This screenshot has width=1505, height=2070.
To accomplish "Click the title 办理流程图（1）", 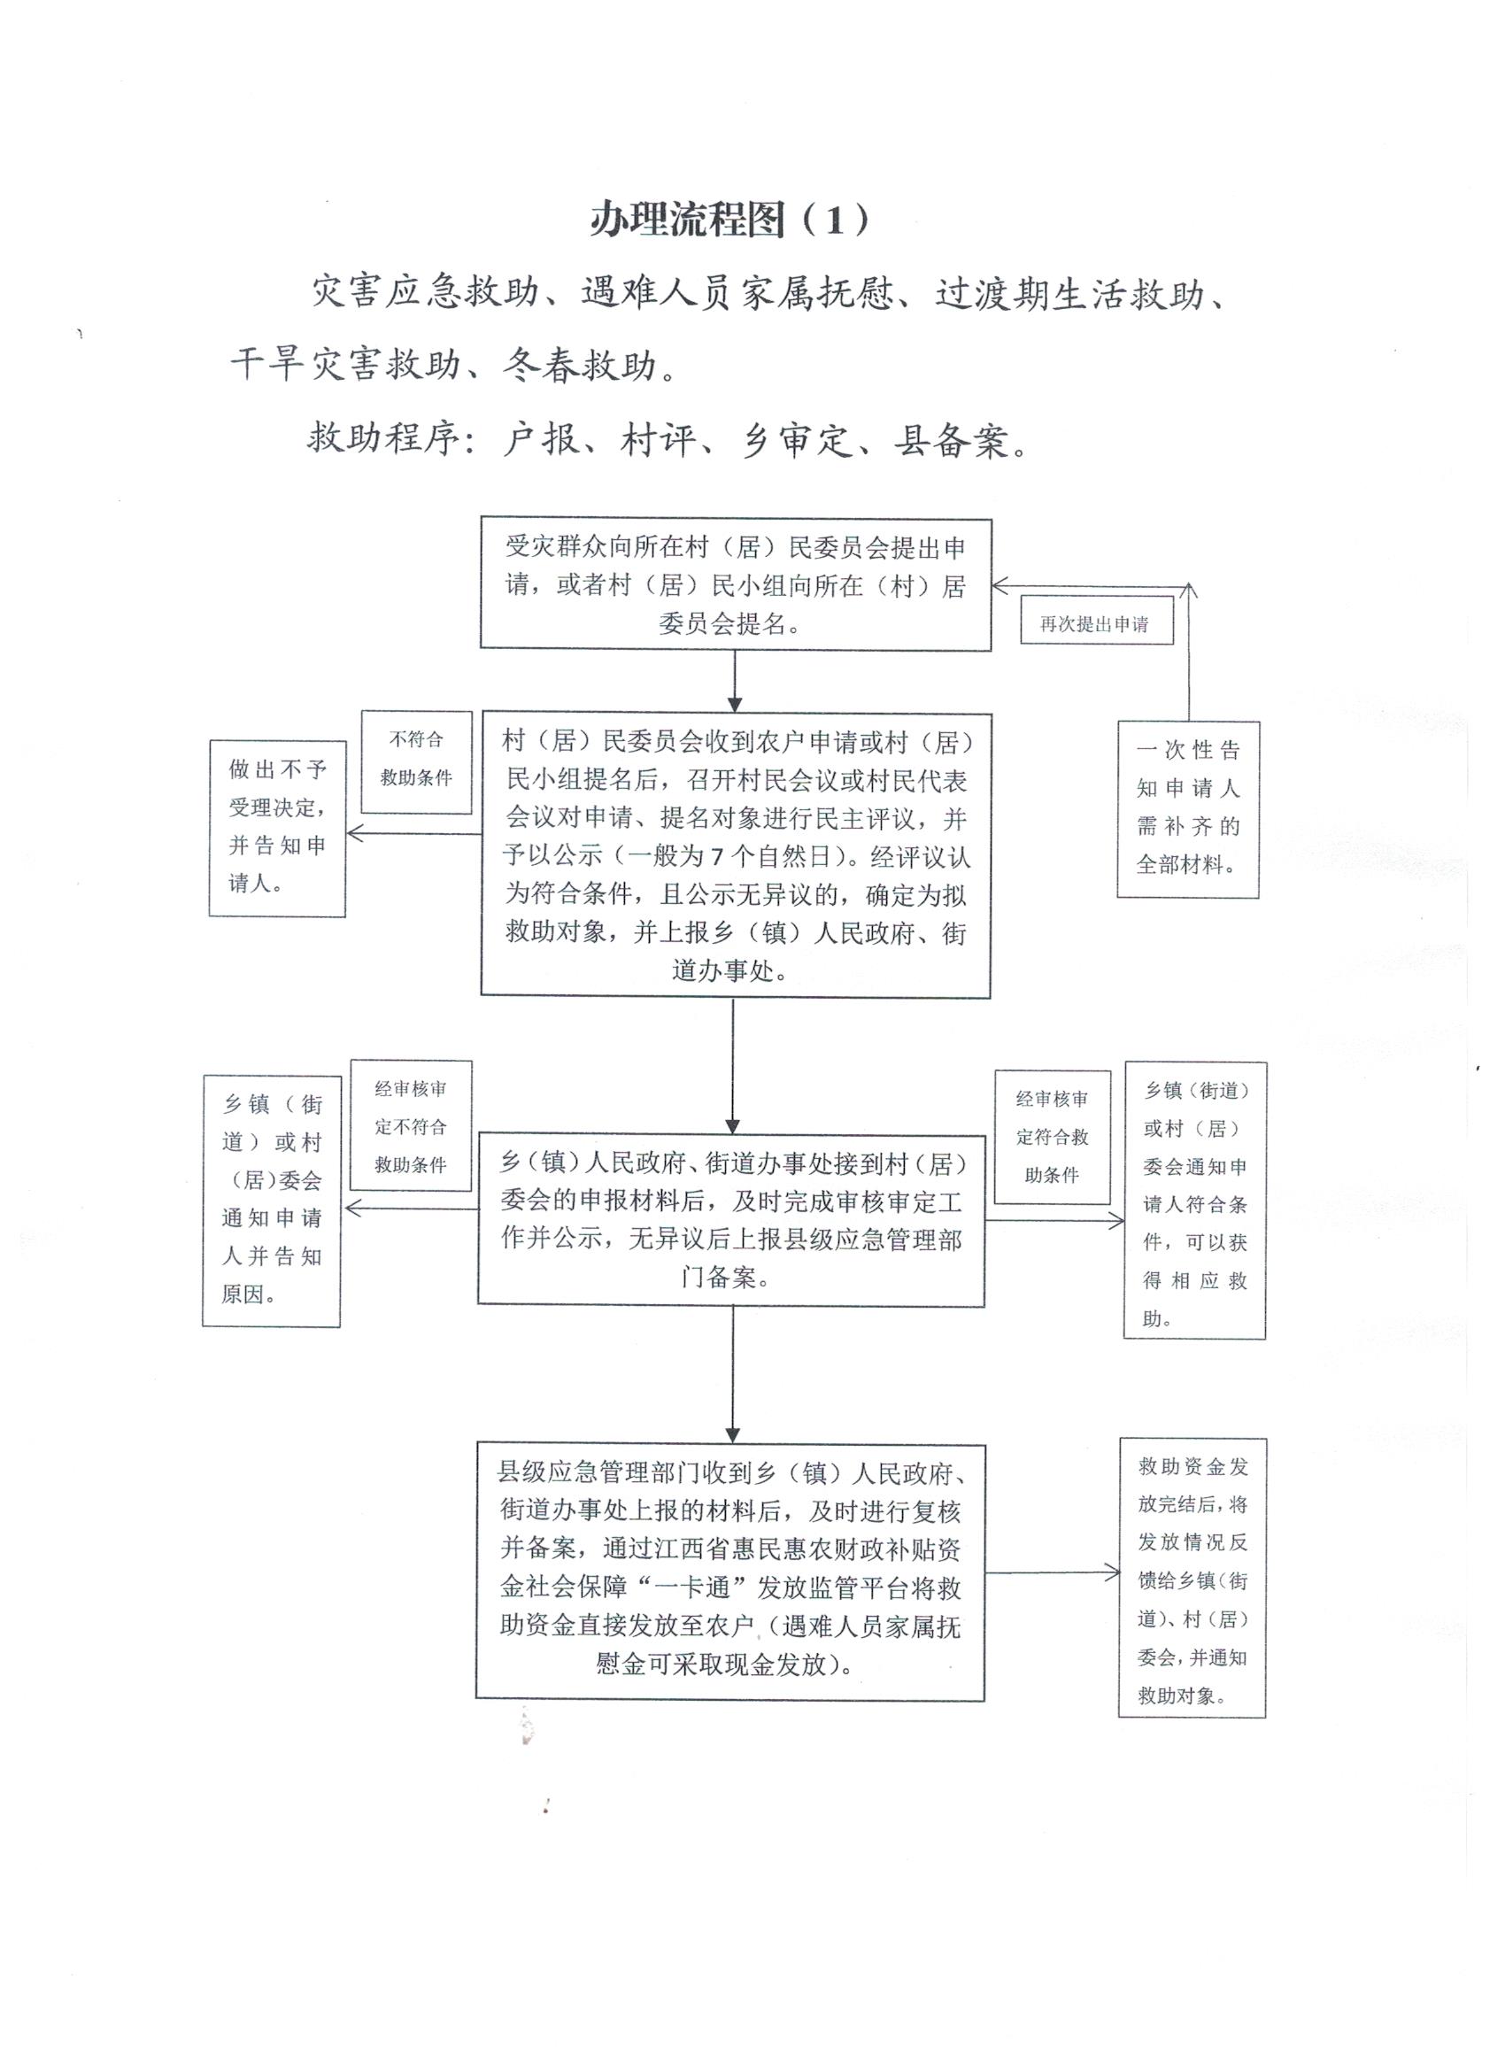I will coord(729,220).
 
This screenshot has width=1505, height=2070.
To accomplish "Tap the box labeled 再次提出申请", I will coord(1095,624).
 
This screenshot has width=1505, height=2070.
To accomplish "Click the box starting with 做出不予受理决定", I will coord(277,828).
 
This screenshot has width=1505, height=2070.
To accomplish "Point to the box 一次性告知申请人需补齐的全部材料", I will coord(1187,808).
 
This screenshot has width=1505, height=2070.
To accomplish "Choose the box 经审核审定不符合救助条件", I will coord(411,1125).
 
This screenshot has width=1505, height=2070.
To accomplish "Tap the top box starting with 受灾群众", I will coord(736,585).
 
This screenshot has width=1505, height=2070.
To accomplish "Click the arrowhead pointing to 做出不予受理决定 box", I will coord(355,833).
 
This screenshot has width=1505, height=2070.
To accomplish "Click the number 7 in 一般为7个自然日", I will coord(717,856).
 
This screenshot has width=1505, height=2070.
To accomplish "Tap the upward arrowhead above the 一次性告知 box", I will coord(1188,591).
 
